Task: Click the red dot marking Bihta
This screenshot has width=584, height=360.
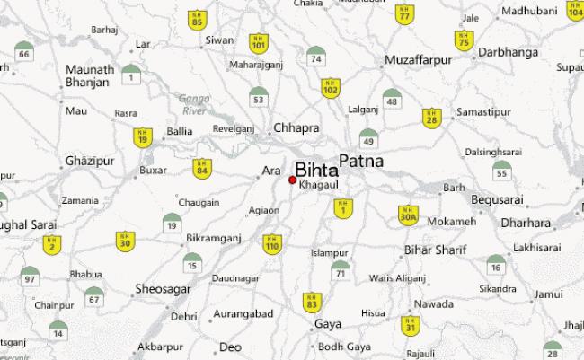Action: tap(293, 180)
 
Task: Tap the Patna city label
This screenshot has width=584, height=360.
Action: tap(361, 162)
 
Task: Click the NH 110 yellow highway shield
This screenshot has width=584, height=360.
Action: tap(271, 242)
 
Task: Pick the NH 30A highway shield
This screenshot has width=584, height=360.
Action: tap(408, 215)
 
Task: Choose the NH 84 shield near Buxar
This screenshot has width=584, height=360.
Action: tap(202, 168)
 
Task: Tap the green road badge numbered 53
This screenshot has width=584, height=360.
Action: tap(259, 96)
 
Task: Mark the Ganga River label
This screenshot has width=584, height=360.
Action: tap(193, 104)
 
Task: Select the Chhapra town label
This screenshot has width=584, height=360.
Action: tap(296, 128)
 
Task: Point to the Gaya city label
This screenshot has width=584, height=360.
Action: tap(329, 323)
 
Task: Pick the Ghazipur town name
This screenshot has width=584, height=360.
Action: tap(90, 161)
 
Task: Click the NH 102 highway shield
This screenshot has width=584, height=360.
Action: tap(331, 87)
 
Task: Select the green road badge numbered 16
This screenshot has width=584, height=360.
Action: tap(495, 264)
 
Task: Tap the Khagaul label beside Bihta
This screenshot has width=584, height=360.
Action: tap(319, 184)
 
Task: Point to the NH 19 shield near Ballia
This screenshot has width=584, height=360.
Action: tap(143, 137)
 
